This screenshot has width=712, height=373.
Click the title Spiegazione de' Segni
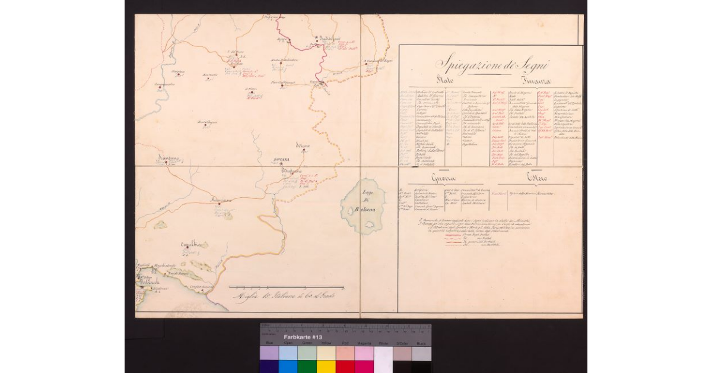pyautogui.click(x=492, y=64)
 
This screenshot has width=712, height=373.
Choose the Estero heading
pyautogui.click(x=535, y=177)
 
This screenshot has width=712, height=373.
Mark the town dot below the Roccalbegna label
pyautogui.click(x=205, y=125)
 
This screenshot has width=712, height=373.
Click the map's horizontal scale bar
pyautogui.click(x=286, y=287)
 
